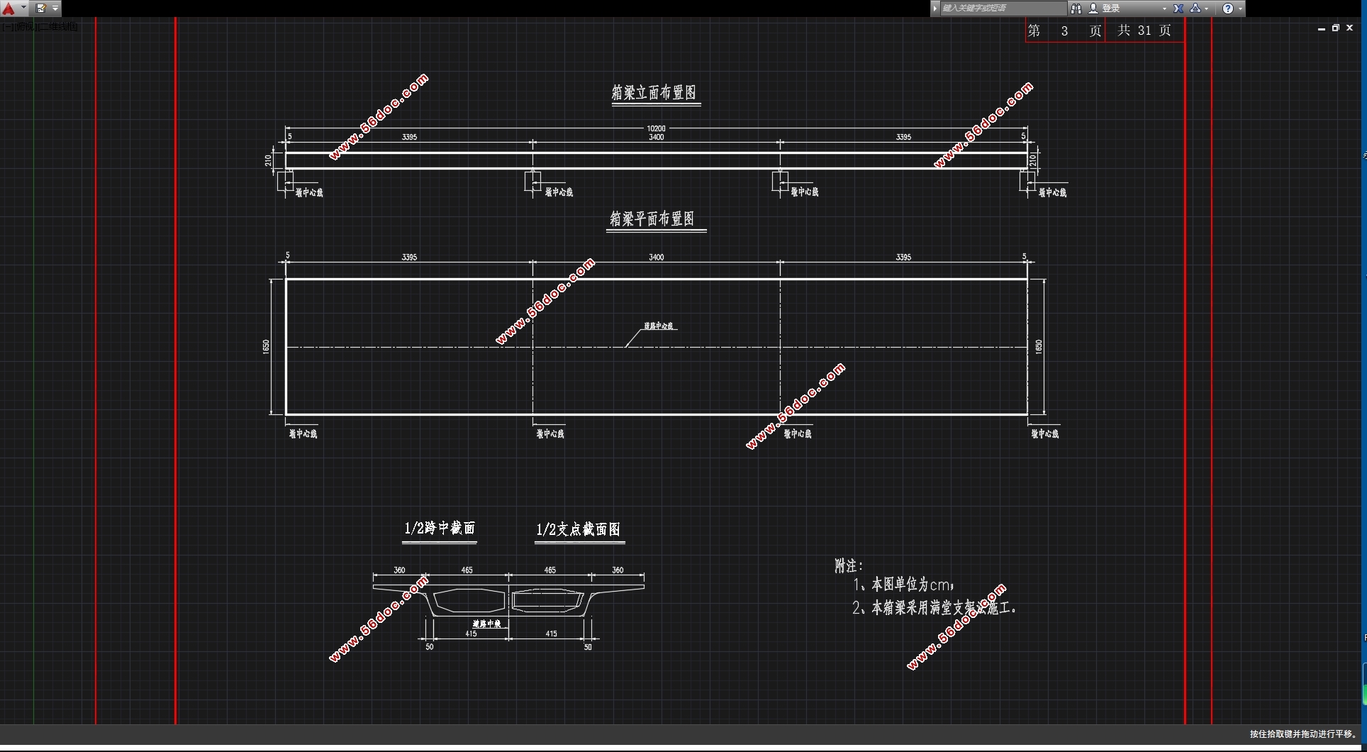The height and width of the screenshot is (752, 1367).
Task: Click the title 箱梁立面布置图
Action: [x=654, y=93]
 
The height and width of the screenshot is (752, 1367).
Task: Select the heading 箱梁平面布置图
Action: [x=652, y=219]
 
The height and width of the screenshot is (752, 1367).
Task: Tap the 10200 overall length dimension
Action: [x=656, y=128]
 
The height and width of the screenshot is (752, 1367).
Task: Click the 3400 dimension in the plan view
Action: [x=656, y=258]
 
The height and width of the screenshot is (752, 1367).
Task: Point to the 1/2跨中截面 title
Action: [x=440, y=529]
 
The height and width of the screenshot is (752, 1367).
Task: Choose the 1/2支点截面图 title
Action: [x=579, y=530]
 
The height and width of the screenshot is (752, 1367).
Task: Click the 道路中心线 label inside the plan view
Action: [x=659, y=326]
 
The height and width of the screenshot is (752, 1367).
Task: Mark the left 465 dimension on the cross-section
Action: [x=467, y=570]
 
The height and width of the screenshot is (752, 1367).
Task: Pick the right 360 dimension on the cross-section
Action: [x=618, y=570]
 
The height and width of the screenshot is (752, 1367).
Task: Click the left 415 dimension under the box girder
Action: [x=471, y=634]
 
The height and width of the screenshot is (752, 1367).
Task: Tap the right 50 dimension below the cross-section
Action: [x=588, y=647]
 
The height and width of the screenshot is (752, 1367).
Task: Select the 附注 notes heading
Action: [x=849, y=566]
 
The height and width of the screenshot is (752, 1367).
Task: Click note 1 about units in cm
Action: [x=905, y=585]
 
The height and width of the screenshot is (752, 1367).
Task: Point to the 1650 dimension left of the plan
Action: [x=266, y=347]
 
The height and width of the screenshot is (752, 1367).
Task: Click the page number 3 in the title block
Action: [x=1064, y=31]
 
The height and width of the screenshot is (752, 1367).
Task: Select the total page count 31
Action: [x=1144, y=31]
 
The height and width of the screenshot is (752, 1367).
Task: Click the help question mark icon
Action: [x=1228, y=9]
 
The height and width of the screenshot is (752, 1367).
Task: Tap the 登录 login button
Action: [x=1110, y=9]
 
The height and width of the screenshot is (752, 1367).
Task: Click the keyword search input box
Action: [x=1001, y=9]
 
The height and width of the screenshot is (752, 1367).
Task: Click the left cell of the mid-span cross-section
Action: [x=468, y=601]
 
